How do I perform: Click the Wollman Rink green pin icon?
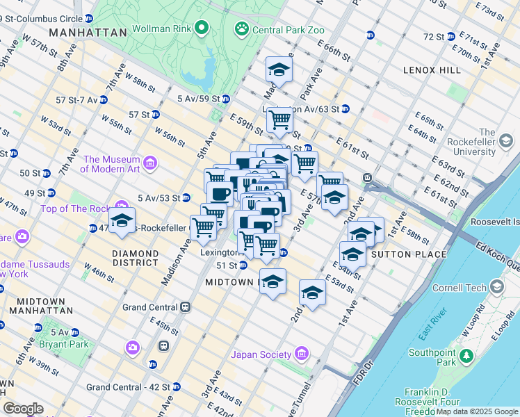click(x=202, y=28)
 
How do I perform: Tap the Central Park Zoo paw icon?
click(x=242, y=28)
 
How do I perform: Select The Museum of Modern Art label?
click(x=111, y=163)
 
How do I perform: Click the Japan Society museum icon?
click(x=301, y=354)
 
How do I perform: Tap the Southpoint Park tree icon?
click(x=466, y=357)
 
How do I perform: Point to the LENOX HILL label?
click(x=431, y=71)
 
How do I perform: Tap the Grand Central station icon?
click(x=186, y=307)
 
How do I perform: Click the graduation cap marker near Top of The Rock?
click(x=122, y=221)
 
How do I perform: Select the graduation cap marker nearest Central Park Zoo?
click(x=279, y=70)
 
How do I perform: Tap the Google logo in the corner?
click(x=22, y=409)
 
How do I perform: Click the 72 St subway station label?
click(x=434, y=36)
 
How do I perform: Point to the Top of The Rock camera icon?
click(x=122, y=208)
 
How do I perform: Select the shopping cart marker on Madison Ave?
click(x=203, y=227)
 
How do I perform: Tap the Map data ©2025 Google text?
click(x=477, y=411)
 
